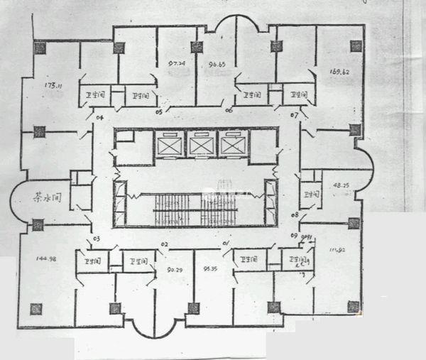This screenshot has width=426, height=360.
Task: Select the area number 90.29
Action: [x=175, y=269]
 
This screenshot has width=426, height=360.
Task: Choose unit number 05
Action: [x=158, y=111]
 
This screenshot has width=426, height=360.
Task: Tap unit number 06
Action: [x=229, y=110]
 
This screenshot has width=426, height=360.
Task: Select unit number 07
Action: [x=294, y=114]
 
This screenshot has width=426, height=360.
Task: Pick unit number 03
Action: [x=95, y=239]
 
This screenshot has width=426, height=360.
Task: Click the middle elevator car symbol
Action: [x=200, y=146]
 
